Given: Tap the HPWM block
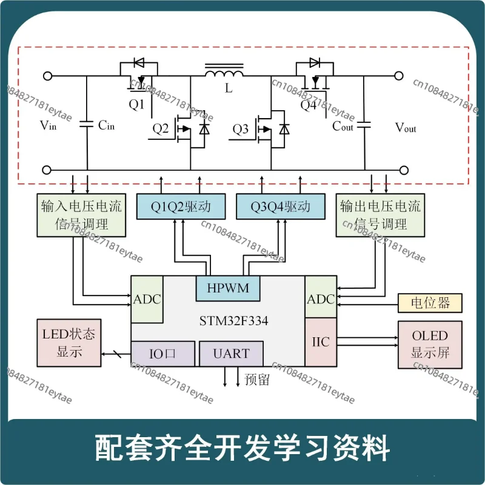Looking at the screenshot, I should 227,288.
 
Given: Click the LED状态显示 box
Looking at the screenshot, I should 69,342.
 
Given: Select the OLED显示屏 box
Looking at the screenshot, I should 430,344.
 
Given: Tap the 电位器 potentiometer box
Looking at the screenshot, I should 430,302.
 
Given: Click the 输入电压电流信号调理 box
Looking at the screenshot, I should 80,215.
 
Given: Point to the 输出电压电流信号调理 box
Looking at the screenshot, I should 380,215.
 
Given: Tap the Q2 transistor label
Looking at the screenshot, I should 161,129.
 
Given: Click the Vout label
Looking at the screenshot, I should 406,128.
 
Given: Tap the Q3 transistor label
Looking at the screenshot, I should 241,129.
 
